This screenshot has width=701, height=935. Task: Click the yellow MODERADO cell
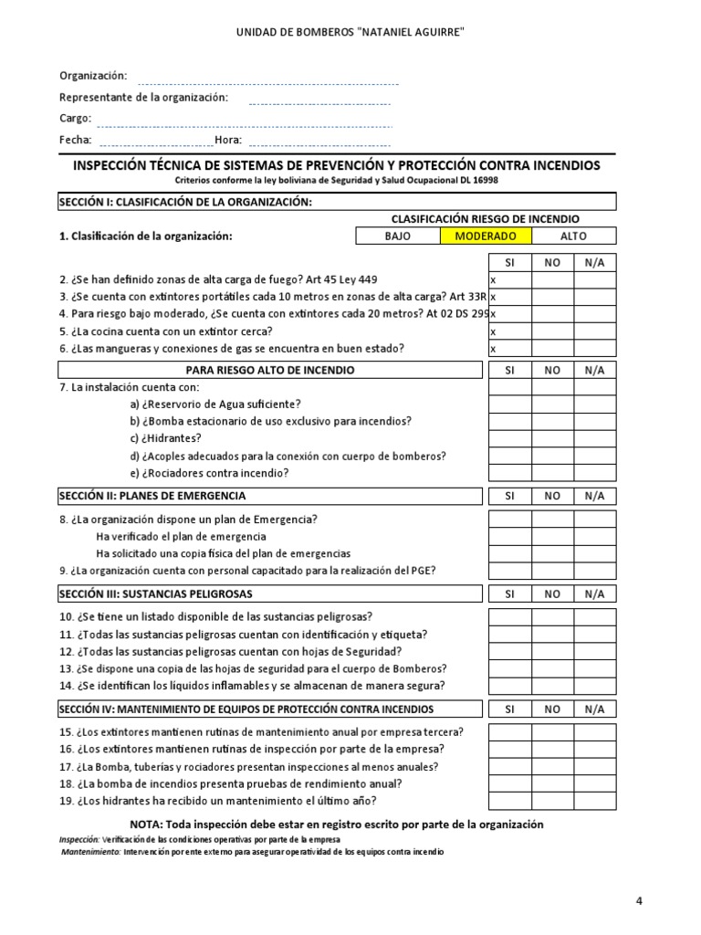pos(485,236)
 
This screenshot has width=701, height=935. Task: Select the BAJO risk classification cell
pos(398,236)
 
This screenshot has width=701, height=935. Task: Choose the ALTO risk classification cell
pos(573,236)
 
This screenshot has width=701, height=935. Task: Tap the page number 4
pos(639,901)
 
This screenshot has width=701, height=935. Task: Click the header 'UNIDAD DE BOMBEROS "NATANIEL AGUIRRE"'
pos(350,33)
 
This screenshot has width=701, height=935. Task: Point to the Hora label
pos(228,141)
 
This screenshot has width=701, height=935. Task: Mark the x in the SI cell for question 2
pos(493,279)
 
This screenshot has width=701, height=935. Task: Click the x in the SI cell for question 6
pos(493,349)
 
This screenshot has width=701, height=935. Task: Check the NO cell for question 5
pos(552,331)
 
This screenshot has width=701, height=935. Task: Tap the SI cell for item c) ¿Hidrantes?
pos(509,438)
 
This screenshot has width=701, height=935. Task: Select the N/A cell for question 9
pos(594,571)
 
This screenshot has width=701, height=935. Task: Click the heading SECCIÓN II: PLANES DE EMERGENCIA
pos(152,496)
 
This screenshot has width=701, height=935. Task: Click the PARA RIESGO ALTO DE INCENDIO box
pos(269,370)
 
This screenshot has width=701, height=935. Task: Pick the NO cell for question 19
pos(552,801)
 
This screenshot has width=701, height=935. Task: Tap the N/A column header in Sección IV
pos(594,709)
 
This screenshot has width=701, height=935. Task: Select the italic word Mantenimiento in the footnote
pos(90,852)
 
